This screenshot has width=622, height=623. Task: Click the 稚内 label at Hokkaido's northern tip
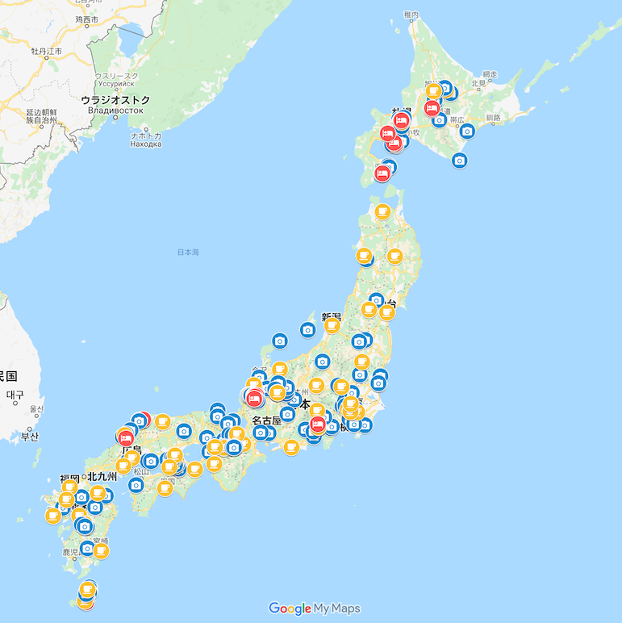(411, 15)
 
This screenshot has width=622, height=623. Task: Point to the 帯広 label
(457, 119)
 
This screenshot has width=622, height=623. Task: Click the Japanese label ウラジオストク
(115, 99)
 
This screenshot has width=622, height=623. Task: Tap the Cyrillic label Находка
(146, 144)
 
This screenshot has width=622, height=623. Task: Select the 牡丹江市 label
(45, 51)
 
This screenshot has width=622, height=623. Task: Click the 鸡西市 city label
(86, 18)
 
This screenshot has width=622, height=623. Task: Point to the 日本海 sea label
(188, 253)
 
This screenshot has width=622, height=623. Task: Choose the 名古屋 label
(265, 420)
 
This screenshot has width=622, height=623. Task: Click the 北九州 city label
(102, 477)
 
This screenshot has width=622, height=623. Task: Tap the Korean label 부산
(30, 437)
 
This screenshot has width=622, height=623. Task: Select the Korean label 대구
(15, 395)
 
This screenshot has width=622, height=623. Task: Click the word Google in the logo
(290, 608)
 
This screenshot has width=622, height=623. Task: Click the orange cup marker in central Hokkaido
(433, 90)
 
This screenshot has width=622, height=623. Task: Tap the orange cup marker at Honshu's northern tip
(383, 211)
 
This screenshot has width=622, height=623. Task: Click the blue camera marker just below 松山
(136, 485)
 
